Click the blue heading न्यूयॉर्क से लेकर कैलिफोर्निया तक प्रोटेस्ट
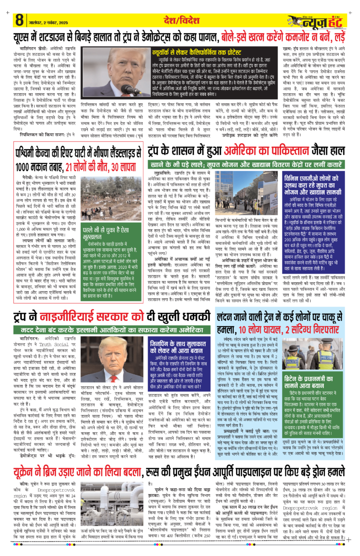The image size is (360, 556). [215, 52]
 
